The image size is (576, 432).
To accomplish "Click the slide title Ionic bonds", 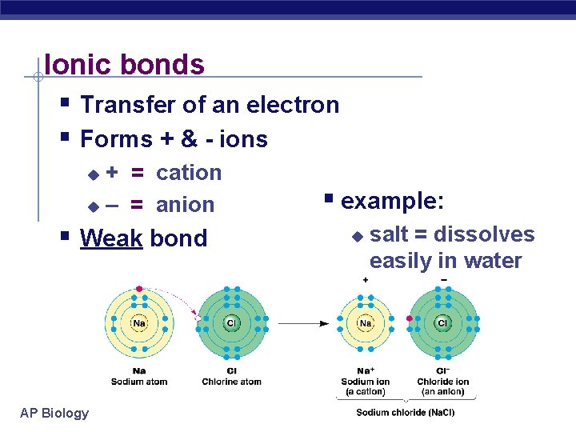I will pyautogui.click(x=125, y=64).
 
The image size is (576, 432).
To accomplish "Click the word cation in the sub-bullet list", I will pyautogui.click(x=189, y=173).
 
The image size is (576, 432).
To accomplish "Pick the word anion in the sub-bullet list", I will pyautogui.click(x=186, y=205).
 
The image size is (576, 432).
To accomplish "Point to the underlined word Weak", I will pyautogui.click(x=111, y=238).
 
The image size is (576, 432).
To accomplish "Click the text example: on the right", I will pyautogui.click(x=392, y=201).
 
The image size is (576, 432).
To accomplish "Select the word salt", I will pyautogui.click(x=390, y=234).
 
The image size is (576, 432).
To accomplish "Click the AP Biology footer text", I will pyautogui.click(x=54, y=413).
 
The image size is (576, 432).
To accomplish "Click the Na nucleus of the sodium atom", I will pyautogui.click(x=139, y=323).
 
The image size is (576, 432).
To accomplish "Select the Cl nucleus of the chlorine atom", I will pyautogui.click(x=232, y=323).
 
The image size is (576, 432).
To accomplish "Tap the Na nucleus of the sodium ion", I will pyautogui.click(x=365, y=323).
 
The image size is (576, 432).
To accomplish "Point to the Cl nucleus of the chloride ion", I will pyautogui.click(x=442, y=323).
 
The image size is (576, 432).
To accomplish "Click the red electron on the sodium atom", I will pyautogui.click(x=139, y=288).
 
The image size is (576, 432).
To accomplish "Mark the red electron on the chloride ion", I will pyautogui.click(x=410, y=318).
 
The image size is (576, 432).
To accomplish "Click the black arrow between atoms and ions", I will pyautogui.click(x=304, y=323).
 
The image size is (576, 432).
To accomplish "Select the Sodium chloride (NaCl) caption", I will pyautogui.click(x=405, y=413).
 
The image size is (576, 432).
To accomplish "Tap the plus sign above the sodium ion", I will pyautogui.click(x=366, y=280).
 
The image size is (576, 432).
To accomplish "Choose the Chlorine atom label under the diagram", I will pyautogui.click(x=232, y=382).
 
